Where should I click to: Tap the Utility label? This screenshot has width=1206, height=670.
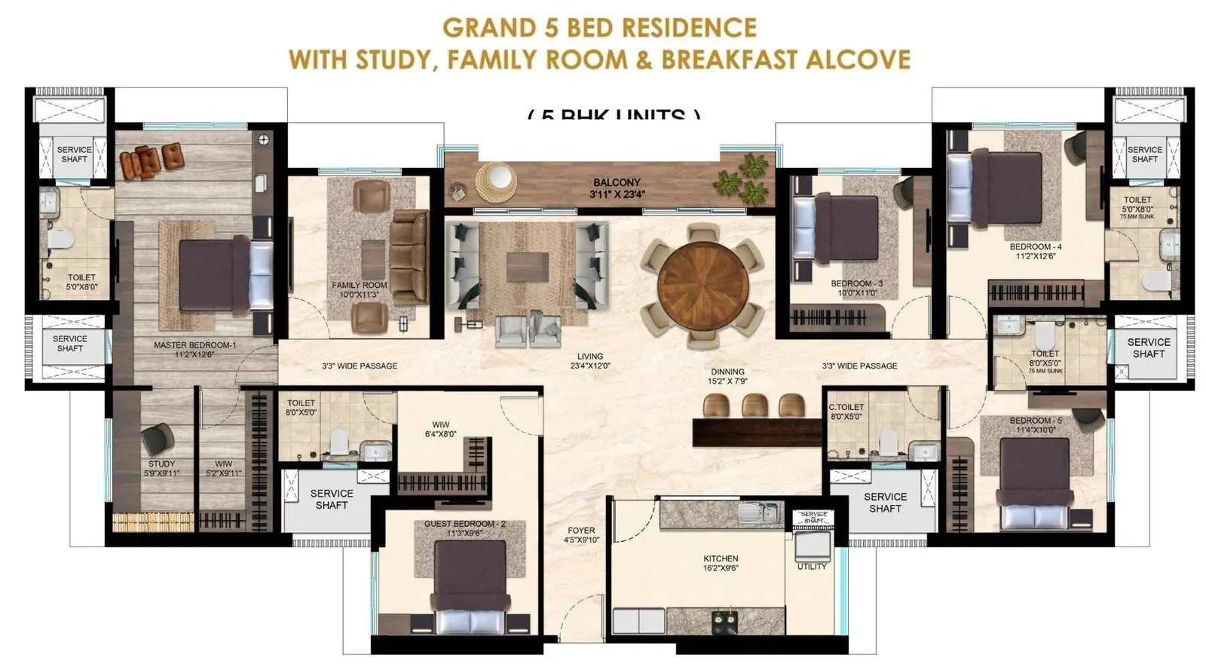[x=812, y=566]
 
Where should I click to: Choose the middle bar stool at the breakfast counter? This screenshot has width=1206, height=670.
[x=755, y=405]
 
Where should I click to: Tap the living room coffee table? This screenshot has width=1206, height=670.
[x=528, y=267]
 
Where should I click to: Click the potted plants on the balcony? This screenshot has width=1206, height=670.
[x=743, y=177]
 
